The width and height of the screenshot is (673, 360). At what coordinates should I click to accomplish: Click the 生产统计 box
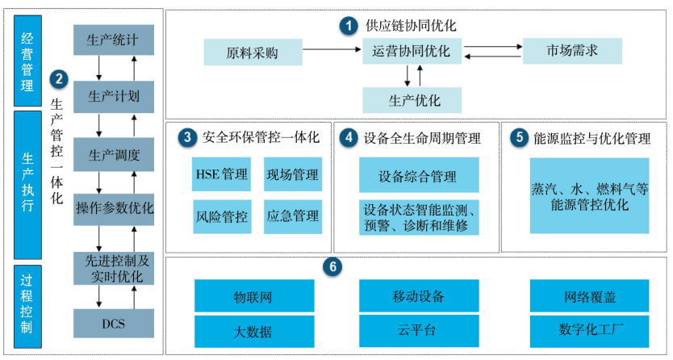(x=113, y=40)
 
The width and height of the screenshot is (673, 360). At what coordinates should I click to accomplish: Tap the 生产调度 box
(x=113, y=154)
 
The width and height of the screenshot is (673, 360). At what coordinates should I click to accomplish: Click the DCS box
(x=113, y=324)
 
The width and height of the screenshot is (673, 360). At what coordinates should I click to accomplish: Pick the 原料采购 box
(x=253, y=53)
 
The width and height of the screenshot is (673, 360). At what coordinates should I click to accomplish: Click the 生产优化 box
(x=412, y=100)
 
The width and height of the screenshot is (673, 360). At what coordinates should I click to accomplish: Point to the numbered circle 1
(x=348, y=27)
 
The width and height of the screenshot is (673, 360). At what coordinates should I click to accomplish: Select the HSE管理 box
(x=221, y=174)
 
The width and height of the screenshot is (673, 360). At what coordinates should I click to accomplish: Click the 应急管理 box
(x=293, y=216)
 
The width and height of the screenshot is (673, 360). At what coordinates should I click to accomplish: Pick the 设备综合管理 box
(x=418, y=175)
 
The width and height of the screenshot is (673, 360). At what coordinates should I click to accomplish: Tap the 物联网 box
(x=253, y=296)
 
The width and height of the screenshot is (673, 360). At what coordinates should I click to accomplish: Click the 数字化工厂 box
(x=589, y=330)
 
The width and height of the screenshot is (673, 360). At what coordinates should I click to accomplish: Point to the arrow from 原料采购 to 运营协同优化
(x=331, y=51)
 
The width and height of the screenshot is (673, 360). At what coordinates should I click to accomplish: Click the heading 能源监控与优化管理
(x=592, y=138)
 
